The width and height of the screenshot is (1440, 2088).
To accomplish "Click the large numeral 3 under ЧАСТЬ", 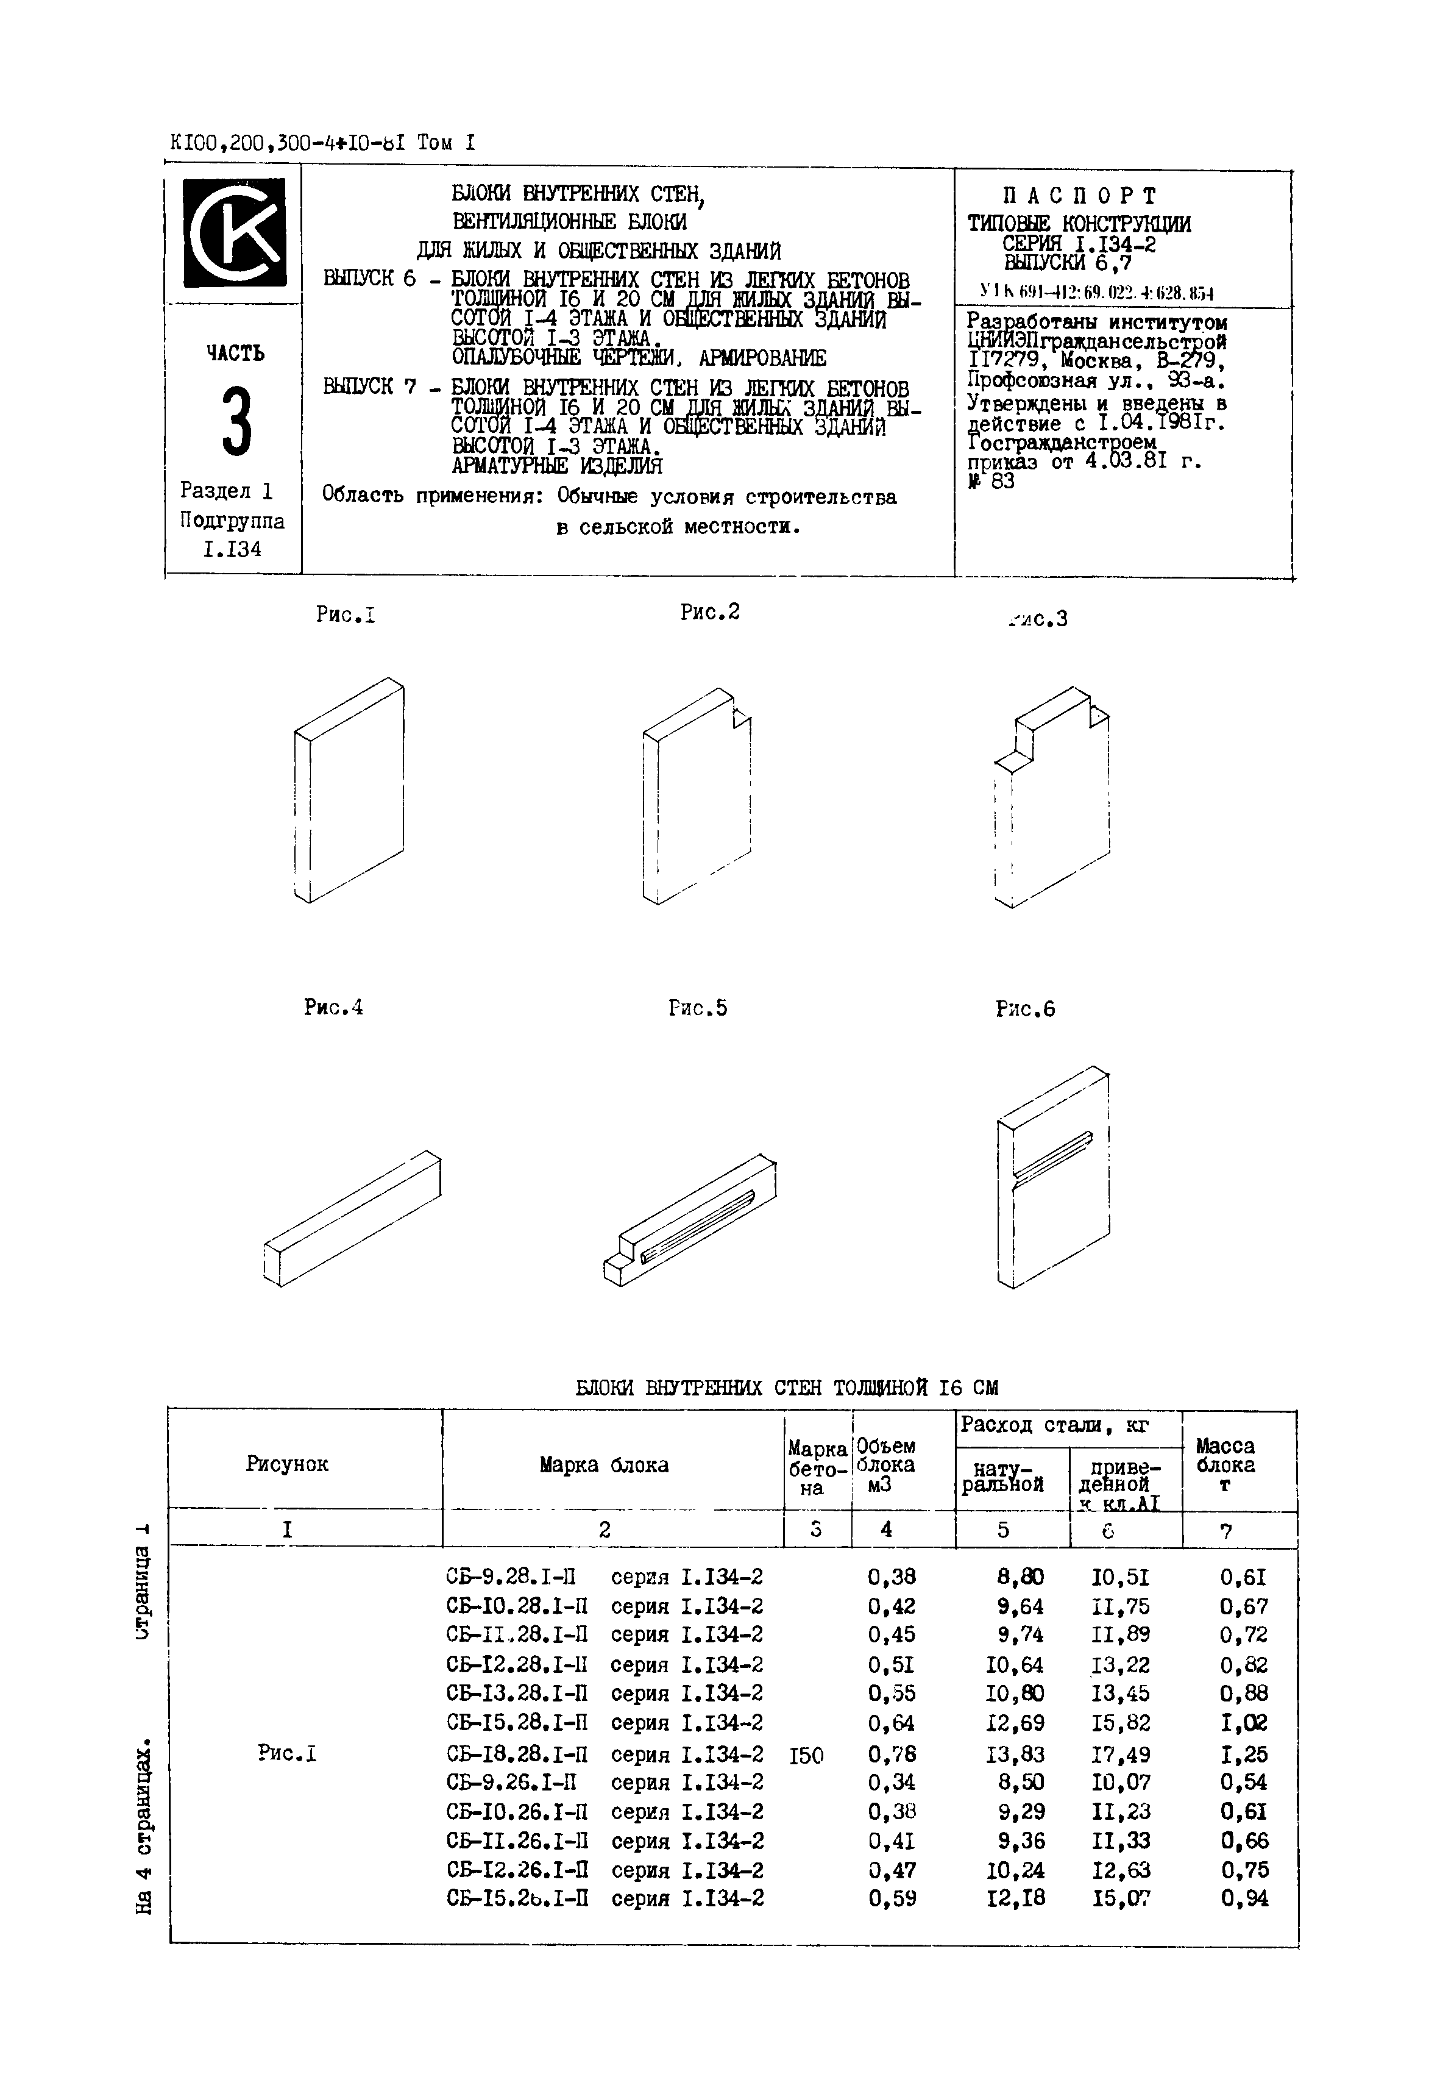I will coord(236,421).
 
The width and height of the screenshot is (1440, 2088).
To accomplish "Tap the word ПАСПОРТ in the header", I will coord(1079,196).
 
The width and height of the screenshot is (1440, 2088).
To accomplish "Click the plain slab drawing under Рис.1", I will coord(349,789).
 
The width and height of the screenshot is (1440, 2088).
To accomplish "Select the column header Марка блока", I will coord(604,1464).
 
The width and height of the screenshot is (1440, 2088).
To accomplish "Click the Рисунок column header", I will coord(287,1464).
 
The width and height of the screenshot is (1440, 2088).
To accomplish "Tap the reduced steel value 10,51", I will coord(1121,1577).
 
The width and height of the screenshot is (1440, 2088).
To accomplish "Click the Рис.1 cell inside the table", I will coord(287,1754).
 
